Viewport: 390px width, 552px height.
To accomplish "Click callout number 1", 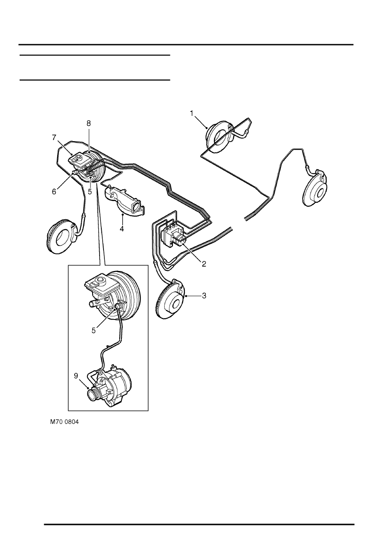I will click(x=191, y=114).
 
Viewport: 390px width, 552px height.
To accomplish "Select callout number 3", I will click(x=204, y=296).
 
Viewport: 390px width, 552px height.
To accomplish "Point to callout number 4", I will click(x=122, y=229).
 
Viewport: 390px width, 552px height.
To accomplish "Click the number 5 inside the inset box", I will click(x=94, y=330).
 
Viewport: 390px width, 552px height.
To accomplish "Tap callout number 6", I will click(x=54, y=191).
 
